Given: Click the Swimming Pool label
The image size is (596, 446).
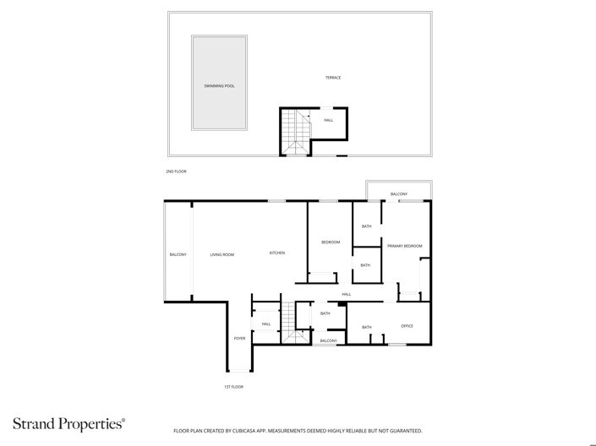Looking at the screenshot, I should [x=219, y=86].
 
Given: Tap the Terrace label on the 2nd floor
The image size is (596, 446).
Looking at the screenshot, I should [x=333, y=78].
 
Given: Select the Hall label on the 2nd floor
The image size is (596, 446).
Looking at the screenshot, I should [x=328, y=120].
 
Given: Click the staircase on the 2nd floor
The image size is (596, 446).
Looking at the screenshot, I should [x=295, y=133].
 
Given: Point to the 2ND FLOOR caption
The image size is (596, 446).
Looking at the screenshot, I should [x=176, y=171].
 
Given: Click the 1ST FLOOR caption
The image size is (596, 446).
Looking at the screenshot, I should [x=234, y=387].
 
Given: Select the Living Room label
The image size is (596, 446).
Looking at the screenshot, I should [x=222, y=254].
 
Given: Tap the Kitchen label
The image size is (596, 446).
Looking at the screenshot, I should [x=277, y=253].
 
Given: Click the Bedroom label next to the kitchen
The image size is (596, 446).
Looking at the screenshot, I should [x=331, y=242].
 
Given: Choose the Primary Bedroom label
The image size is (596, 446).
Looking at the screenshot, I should [x=405, y=246].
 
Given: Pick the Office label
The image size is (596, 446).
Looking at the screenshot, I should [x=407, y=326].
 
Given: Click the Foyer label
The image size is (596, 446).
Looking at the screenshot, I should [x=239, y=338].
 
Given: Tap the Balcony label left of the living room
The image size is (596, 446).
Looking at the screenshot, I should [x=178, y=254].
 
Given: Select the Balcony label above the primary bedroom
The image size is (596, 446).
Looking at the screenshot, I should [x=399, y=194].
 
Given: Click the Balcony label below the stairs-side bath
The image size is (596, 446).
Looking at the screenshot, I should [x=328, y=340].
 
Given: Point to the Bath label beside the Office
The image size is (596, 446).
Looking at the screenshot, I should [x=367, y=327].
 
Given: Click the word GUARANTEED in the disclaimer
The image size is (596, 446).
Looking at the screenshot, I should [x=403, y=431].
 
